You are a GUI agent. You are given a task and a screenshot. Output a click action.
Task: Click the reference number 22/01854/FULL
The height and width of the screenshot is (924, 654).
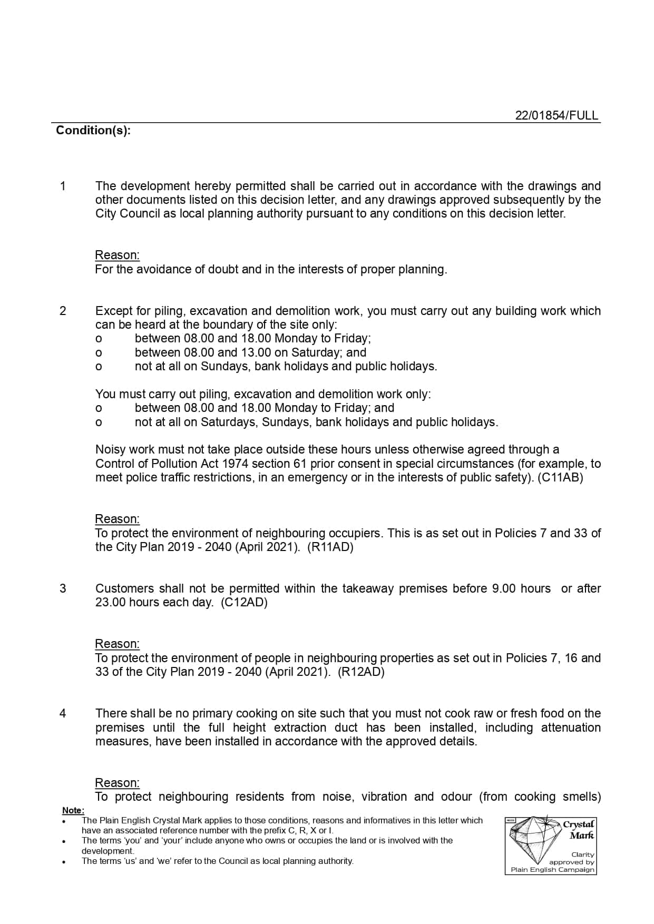(x=557, y=116)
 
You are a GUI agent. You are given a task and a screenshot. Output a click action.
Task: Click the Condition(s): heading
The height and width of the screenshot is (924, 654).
(x=93, y=131)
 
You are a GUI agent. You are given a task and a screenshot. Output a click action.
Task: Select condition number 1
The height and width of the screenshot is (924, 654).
(x=63, y=186)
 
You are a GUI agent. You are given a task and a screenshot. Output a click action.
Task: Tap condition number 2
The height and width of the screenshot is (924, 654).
(x=63, y=311)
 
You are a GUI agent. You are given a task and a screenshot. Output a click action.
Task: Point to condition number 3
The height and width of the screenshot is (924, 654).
(x=63, y=588)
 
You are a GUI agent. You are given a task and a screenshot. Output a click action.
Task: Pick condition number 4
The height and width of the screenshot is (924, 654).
(x=63, y=713)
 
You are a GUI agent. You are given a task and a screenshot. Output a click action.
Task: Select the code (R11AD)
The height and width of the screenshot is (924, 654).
(x=330, y=547)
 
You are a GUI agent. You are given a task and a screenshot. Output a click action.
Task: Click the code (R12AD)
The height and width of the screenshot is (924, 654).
(x=361, y=672)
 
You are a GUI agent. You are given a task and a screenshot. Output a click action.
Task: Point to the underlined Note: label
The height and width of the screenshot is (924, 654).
(x=73, y=810)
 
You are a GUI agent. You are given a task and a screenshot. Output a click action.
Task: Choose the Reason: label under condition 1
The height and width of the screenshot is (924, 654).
(x=117, y=255)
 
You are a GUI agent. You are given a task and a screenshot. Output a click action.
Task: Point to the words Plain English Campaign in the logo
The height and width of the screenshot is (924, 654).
(x=552, y=870)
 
